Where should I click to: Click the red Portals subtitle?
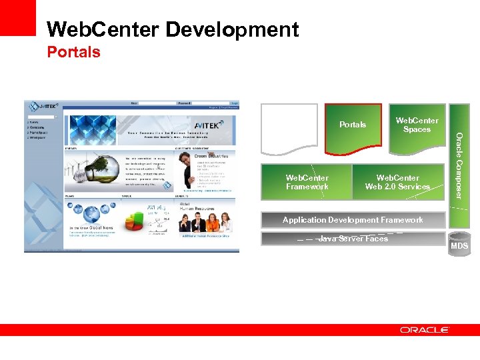coord(73,52)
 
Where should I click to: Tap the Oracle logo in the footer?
coord(425,330)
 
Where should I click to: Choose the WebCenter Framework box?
coord(307,182)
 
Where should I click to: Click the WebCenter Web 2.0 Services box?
coord(397,182)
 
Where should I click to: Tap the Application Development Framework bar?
coord(353,220)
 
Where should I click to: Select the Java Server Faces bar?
coord(353,239)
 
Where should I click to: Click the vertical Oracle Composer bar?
coord(458,165)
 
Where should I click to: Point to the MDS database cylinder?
coord(459,243)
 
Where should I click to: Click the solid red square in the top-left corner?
coord(17,17)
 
